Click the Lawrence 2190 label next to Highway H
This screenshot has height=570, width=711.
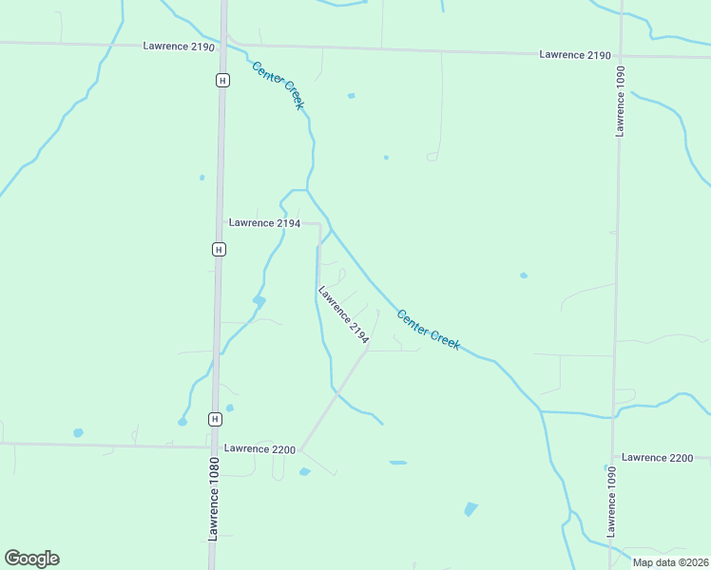(x=179, y=46)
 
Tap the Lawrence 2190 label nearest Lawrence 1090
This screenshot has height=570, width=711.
(x=574, y=55)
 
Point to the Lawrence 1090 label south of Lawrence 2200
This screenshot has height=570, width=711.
(x=609, y=502)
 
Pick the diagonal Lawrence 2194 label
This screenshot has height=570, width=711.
(x=343, y=314)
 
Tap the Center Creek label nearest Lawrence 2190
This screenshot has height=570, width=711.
(x=278, y=85)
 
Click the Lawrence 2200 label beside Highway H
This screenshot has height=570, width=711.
(x=259, y=448)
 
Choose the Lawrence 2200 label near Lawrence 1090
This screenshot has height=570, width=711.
(x=658, y=458)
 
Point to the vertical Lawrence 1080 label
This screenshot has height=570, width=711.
(x=214, y=500)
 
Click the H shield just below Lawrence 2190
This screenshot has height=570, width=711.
(x=221, y=81)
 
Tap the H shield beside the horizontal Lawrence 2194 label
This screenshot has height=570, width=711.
(x=219, y=249)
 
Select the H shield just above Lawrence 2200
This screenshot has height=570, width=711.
(x=216, y=419)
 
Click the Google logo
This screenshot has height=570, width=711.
(x=31, y=559)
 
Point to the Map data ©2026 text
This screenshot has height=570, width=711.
(x=670, y=562)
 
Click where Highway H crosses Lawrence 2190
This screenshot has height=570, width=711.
(x=224, y=45)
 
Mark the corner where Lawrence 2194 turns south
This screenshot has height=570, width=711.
(x=317, y=224)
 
